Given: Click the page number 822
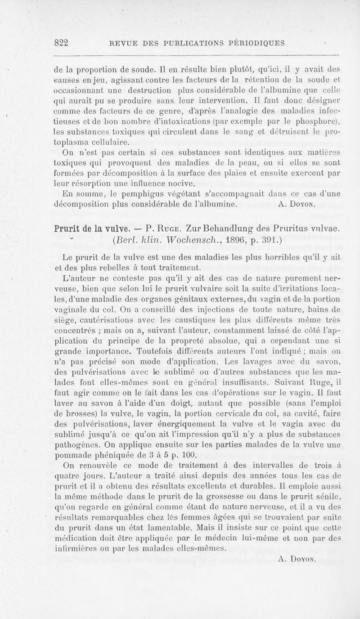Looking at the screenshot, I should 60,43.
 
